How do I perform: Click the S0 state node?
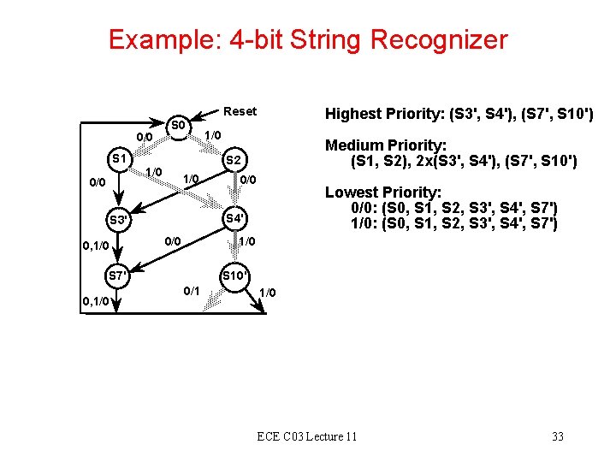178,126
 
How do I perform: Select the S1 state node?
119,159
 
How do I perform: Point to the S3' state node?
119,220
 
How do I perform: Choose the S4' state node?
234,218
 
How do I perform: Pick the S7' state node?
119,275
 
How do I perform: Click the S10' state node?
234,275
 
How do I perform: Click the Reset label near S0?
240,111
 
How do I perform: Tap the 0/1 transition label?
192,291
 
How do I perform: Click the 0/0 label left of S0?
143,137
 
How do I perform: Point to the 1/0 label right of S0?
212,135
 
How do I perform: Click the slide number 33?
558,436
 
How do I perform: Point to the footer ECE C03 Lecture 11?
307,436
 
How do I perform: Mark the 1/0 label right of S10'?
268,293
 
